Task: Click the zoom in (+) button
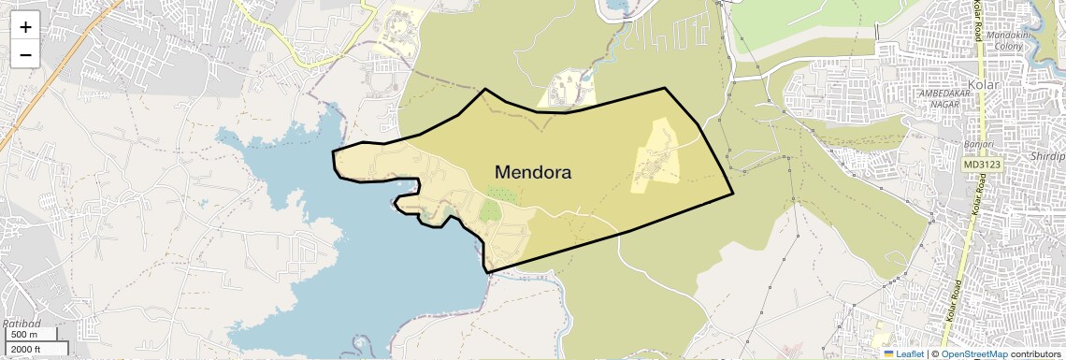coord(25,26)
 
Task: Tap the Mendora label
coord(532,172)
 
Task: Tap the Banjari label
coord(977,145)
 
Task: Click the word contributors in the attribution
coord(1035,353)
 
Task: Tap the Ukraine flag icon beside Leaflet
coord(888,353)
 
